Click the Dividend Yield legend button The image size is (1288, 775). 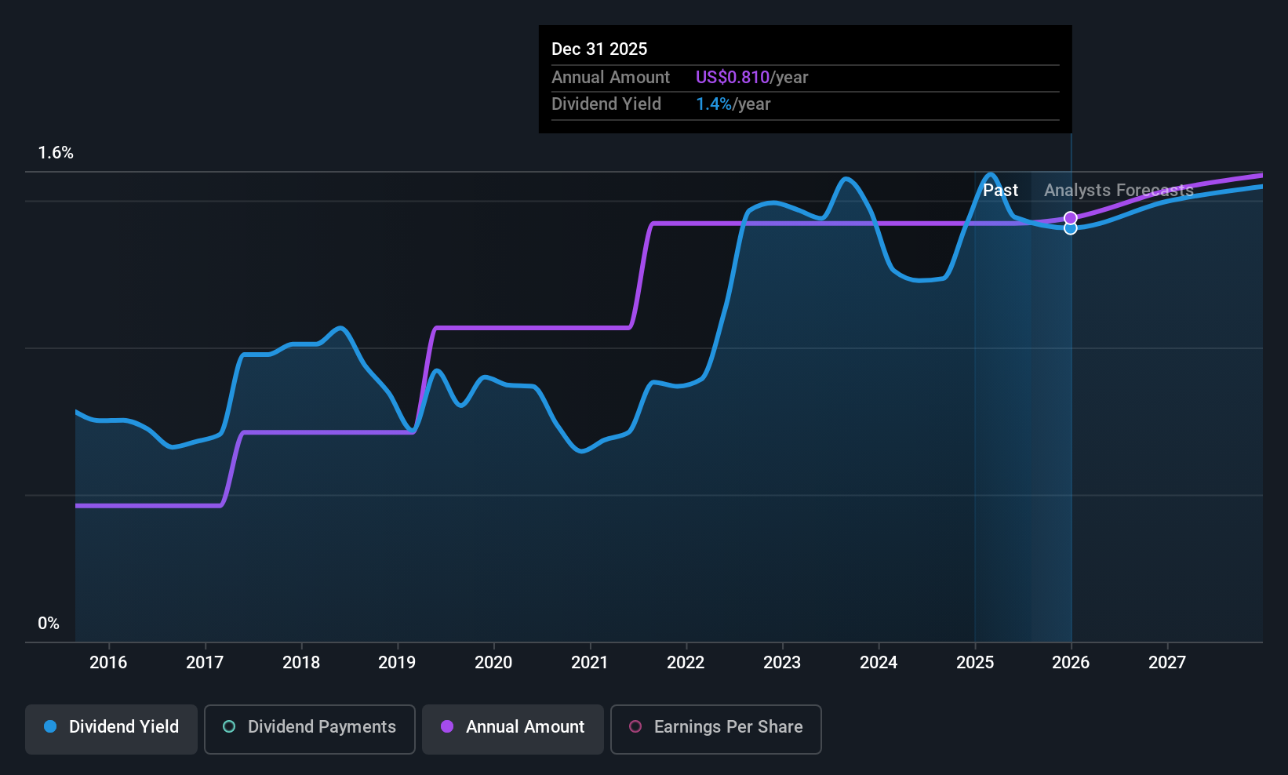[111, 727]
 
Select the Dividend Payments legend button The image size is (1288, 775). [310, 727]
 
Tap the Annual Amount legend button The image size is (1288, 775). [513, 727]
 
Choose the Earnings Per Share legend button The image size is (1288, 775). [715, 727]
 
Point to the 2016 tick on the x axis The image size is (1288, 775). [108, 663]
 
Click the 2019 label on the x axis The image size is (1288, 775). [397, 663]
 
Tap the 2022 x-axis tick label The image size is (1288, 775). [686, 663]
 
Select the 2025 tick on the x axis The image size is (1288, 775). [975, 663]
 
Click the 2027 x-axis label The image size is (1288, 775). [1167, 663]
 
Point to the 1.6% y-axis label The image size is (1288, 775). [56, 153]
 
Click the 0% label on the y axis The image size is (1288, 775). [49, 624]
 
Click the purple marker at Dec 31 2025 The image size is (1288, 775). [1071, 218]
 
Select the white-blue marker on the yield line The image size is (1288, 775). [1071, 228]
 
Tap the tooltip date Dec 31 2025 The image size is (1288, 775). [599, 49]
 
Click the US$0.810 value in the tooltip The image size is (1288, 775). [732, 78]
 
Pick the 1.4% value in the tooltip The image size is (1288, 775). [713, 104]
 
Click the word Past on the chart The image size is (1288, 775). [1000, 191]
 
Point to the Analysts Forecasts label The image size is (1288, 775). [1119, 191]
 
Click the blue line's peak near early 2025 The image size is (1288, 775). [991, 174]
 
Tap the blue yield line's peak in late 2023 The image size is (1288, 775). [846, 179]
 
